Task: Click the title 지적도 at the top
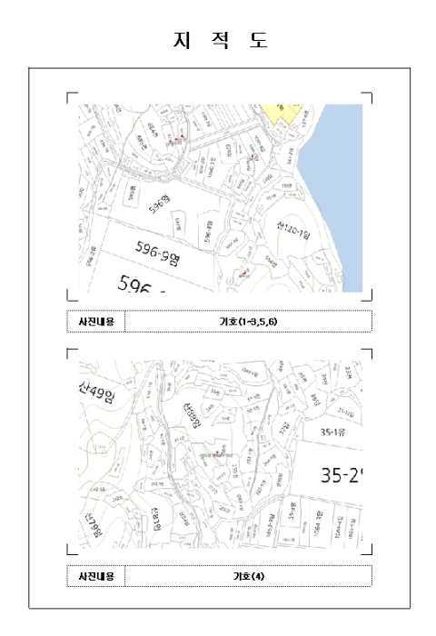218,41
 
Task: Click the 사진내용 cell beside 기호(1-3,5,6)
95,322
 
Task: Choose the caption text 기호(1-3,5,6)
247,322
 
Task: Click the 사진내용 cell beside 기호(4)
95,576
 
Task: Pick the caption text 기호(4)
247,576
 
